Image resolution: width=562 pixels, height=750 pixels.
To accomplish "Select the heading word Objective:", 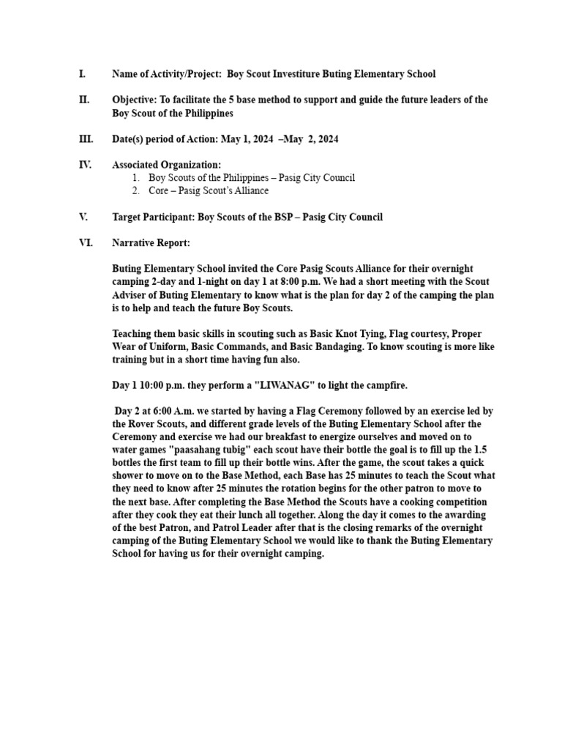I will click(135, 100).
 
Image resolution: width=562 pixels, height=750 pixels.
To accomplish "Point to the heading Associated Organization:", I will click(166, 165).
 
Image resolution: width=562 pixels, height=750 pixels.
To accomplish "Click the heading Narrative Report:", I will click(151, 242).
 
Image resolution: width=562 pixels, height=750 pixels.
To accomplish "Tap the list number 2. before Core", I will click(136, 190).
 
